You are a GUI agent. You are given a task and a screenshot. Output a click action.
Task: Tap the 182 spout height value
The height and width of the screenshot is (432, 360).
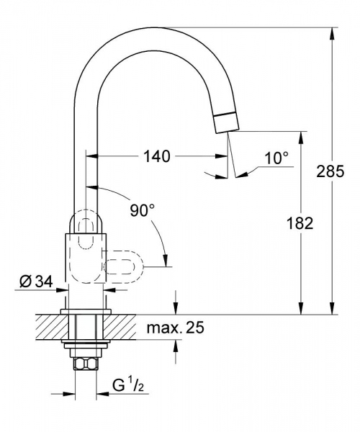[x=303, y=223]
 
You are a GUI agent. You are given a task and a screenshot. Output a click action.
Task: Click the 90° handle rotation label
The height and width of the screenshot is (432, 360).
[x=142, y=210]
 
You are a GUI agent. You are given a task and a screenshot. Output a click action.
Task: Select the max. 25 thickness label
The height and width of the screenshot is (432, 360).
[x=175, y=329]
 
